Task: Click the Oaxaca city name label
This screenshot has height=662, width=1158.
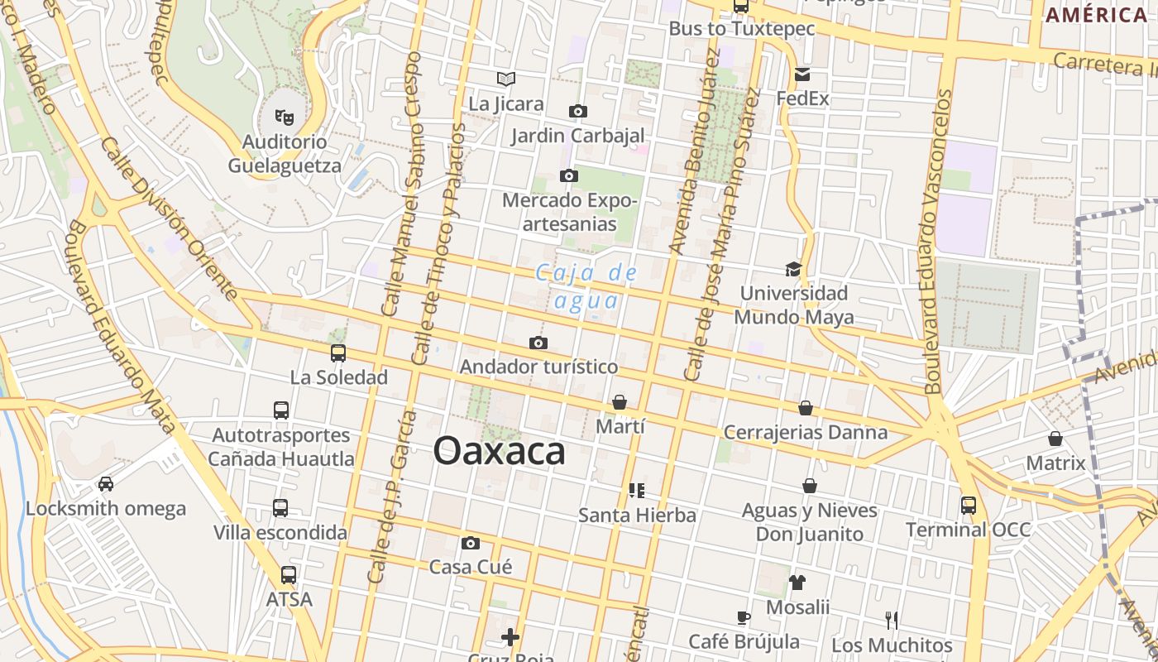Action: click(499, 452)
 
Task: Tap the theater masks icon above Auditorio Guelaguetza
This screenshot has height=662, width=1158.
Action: click(284, 118)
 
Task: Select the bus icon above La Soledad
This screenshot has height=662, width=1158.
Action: click(338, 353)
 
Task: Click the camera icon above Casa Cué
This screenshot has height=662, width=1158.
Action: click(471, 543)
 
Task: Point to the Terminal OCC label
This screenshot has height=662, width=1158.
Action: click(968, 530)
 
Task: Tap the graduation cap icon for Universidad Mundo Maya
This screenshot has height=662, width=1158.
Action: click(793, 269)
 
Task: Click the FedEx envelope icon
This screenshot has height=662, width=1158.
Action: click(802, 74)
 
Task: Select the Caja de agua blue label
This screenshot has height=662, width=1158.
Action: click(586, 285)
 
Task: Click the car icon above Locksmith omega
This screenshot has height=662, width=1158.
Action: click(106, 483)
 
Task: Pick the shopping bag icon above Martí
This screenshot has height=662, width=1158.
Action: click(620, 402)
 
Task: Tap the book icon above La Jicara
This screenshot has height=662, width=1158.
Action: click(506, 79)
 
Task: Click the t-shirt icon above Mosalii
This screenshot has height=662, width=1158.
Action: click(797, 583)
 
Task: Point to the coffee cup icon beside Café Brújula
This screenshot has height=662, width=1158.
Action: click(744, 617)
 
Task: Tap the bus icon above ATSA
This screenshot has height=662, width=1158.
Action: click(289, 574)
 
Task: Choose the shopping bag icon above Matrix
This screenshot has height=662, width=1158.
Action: click(1055, 439)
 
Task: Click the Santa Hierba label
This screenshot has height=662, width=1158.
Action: click(637, 515)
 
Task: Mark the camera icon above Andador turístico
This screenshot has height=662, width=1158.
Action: click(538, 343)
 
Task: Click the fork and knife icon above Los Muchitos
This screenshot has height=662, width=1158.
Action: click(892, 620)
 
